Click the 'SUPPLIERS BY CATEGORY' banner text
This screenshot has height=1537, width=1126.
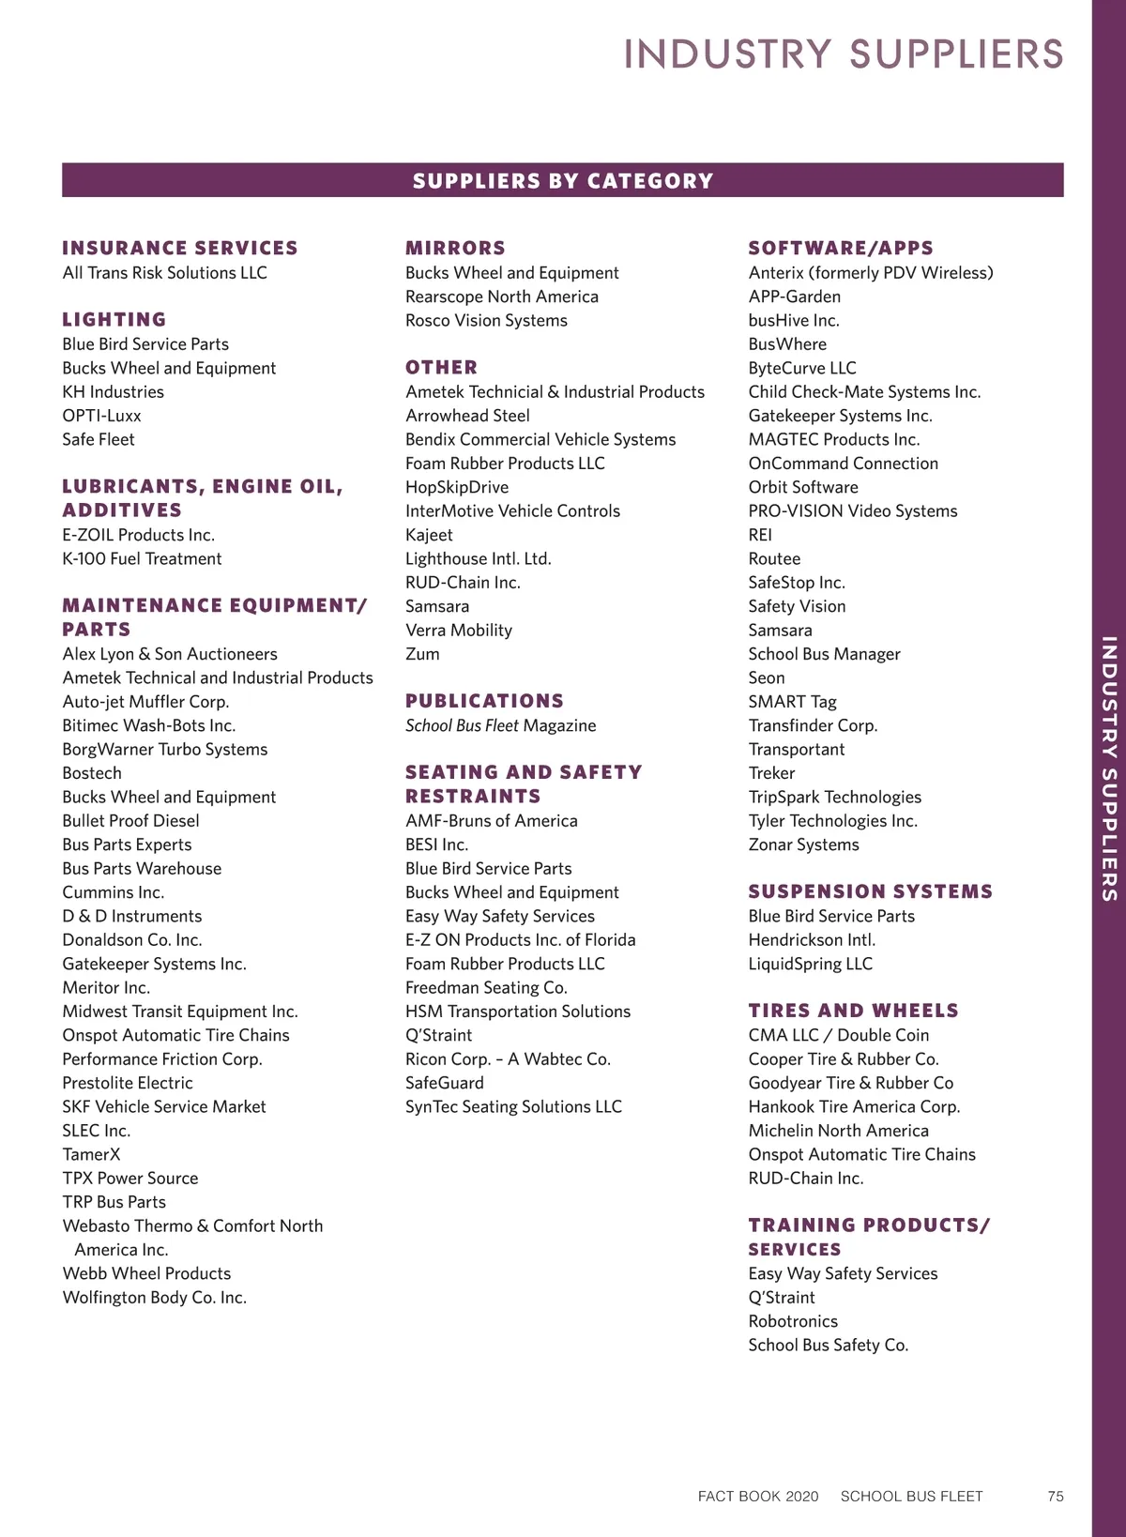563,181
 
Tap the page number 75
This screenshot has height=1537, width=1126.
1056,1497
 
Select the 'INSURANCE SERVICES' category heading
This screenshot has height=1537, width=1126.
179,249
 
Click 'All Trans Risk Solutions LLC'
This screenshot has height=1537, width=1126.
164,273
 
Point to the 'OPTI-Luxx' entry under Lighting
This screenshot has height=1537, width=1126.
101,416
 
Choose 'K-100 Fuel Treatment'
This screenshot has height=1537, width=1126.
142,559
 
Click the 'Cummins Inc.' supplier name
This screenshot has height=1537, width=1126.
113,892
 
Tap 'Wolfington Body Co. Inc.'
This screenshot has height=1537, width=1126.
154,1298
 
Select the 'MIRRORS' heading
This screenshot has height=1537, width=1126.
455,249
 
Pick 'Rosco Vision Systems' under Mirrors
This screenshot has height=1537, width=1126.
486,321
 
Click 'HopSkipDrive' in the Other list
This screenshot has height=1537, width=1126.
457,488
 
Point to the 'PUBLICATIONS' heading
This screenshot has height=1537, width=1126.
484,701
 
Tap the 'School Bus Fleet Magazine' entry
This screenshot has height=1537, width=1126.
500,726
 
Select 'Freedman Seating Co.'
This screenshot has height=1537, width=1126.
486,988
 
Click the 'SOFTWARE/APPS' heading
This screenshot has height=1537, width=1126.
841,249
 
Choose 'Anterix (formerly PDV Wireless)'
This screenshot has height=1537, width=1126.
870,273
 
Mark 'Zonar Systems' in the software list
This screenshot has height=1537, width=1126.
803,845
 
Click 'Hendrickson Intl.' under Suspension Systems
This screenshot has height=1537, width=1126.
812,940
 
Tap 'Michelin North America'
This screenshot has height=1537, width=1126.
838,1131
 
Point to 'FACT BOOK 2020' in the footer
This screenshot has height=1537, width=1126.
758,1497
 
